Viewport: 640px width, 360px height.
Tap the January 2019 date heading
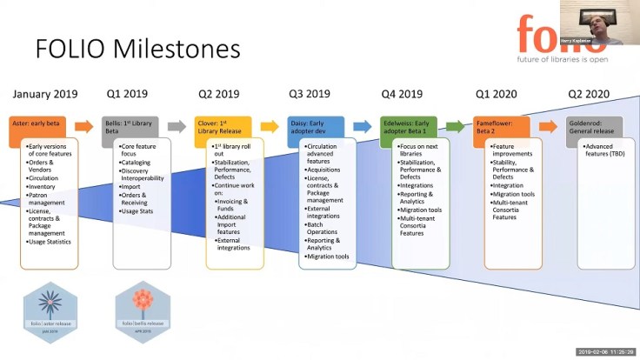click(45, 93)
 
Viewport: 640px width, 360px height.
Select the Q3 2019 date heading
click(309, 93)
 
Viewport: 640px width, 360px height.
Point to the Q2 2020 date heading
click(588, 93)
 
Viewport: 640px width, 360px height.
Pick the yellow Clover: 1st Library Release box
click(223, 125)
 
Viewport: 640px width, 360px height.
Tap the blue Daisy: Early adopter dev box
click(316, 125)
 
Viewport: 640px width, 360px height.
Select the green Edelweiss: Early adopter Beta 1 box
click(408, 125)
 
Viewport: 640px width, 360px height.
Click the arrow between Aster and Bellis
click(84, 126)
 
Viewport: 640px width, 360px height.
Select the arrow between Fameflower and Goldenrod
click(548, 126)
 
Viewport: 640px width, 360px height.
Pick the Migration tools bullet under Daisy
click(328, 257)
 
